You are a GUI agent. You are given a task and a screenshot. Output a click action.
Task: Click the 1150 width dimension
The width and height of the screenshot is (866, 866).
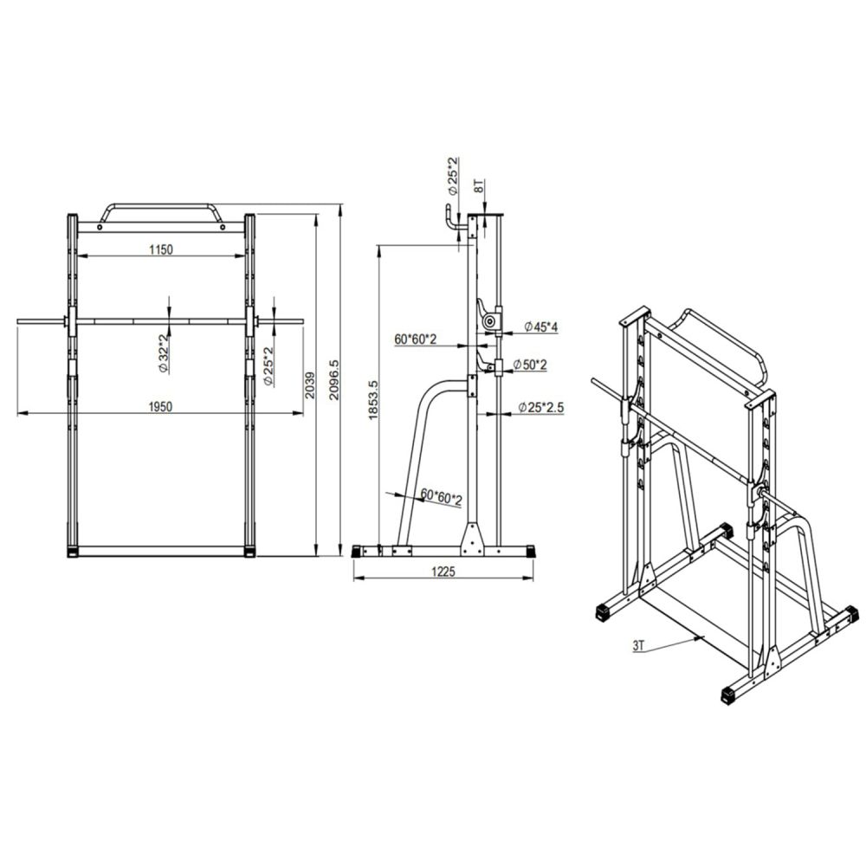pos(161,249)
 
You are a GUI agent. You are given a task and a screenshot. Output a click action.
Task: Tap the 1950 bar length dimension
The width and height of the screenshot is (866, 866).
pos(161,407)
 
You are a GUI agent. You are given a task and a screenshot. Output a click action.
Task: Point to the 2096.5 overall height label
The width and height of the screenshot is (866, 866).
pos(333,380)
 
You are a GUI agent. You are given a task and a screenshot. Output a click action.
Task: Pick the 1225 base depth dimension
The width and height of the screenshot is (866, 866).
pos(443,572)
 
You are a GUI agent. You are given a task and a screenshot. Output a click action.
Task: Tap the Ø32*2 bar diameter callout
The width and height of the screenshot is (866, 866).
pos(164,354)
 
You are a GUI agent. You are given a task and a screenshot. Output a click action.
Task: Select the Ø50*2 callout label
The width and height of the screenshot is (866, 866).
pos(530,365)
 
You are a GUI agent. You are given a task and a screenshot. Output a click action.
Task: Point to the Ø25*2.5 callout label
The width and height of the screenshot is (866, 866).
pos(541,408)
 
